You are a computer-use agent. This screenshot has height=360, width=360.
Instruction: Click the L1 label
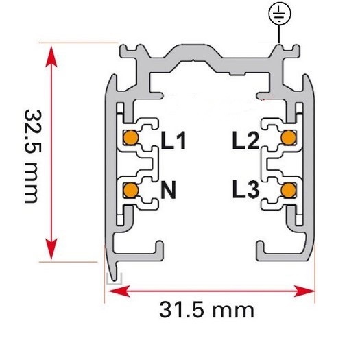coord(173,141)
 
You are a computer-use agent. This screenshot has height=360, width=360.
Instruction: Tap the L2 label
coord(246,141)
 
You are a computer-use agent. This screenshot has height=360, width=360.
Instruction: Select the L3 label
coord(246,189)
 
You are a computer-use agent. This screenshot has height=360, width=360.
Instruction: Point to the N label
coord(168,190)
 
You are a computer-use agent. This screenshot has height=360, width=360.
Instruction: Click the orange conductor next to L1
coord(131,138)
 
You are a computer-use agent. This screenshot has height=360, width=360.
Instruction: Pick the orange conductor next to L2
coord(289,138)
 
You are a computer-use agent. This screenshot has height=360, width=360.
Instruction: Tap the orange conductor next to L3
coord(289,191)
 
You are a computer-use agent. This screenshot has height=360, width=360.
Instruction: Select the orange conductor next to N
coord(131,191)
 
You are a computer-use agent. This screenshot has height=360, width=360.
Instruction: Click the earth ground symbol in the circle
coord(280,13)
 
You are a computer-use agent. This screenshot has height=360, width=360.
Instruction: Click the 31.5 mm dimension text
coord(206,310)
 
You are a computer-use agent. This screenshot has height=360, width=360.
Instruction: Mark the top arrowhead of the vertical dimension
coord(51,56)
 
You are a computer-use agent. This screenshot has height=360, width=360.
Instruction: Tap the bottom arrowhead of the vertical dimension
coord(51,249)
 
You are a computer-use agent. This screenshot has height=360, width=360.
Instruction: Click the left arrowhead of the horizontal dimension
coord(119,291)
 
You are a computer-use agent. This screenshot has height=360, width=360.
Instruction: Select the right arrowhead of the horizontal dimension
coord(304,291)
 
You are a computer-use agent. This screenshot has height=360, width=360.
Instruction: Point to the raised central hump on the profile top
coord(193,52)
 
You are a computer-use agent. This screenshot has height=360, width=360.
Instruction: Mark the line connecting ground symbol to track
coord(279,34)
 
